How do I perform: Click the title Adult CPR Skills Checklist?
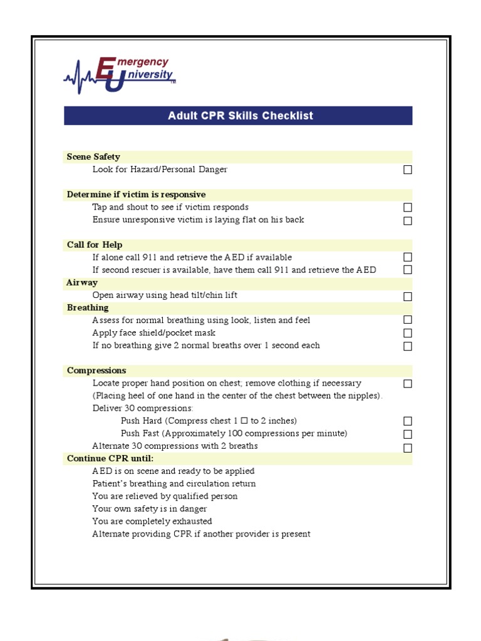click(240, 116)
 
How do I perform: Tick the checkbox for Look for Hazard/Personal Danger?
click(408, 170)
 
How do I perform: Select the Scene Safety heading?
click(93, 157)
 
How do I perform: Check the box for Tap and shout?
click(408, 207)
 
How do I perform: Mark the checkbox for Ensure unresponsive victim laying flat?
click(408, 220)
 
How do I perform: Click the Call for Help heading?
click(95, 245)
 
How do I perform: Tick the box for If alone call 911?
click(408, 257)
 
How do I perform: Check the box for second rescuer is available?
click(408, 270)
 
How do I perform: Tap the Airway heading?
click(82, 283)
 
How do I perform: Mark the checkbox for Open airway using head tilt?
click(408, 297)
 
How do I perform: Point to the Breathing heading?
click(88, 308)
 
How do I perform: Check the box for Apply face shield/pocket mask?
click(408, 333)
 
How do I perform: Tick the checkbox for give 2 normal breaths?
click(408, 346)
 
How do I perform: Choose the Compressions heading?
click(96, 371)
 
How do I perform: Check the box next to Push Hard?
click(408, 421)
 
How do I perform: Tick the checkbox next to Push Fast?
click(408, 434)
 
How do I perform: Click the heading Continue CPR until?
click(110, 459)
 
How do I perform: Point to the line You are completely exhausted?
click(152, 521)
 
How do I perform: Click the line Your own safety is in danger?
click(150, 509)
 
